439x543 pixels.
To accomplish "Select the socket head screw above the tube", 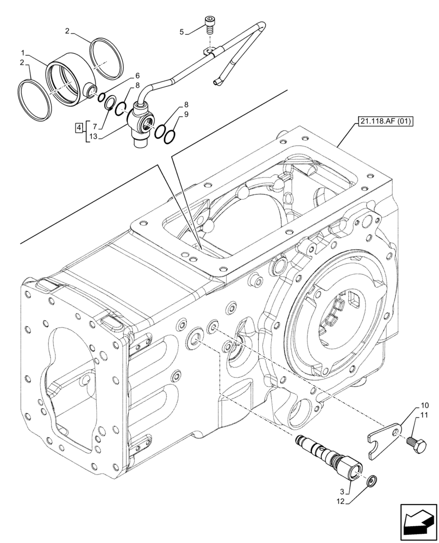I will (210, 24).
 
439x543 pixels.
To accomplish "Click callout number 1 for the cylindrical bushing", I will (23, 53).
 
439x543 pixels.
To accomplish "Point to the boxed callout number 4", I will (79, 128).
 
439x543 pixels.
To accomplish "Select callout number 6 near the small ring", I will (137, 76).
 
